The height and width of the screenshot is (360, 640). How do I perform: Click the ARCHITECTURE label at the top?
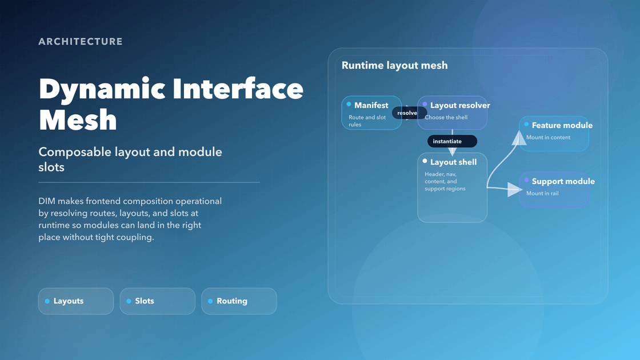coord(81,42)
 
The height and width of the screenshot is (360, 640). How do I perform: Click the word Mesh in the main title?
coord(78,120)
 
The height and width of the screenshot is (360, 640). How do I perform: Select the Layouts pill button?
coord(76,301)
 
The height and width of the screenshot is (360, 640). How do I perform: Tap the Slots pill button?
coord(157,301)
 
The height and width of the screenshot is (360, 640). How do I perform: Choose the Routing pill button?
coord(239,301)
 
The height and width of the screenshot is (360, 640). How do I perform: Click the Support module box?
coord(554,190)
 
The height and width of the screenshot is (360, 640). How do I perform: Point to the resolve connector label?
coord(407,113)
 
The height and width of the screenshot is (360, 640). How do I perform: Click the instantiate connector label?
coord(451,141)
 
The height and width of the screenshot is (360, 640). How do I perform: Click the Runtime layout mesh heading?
coord(394,66)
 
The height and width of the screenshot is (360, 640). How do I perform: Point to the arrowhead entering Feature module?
coord(519,138)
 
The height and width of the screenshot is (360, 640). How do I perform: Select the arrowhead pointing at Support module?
coord(514,190)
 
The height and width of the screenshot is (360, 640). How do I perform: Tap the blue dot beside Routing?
coord(210,301)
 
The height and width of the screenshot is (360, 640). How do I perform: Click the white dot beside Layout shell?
coord(425,162)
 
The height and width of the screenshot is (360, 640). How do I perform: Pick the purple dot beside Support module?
coord(526,181)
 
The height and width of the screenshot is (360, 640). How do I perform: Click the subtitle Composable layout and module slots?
coord(130,159)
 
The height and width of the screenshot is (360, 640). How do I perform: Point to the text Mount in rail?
coord(542,193)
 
